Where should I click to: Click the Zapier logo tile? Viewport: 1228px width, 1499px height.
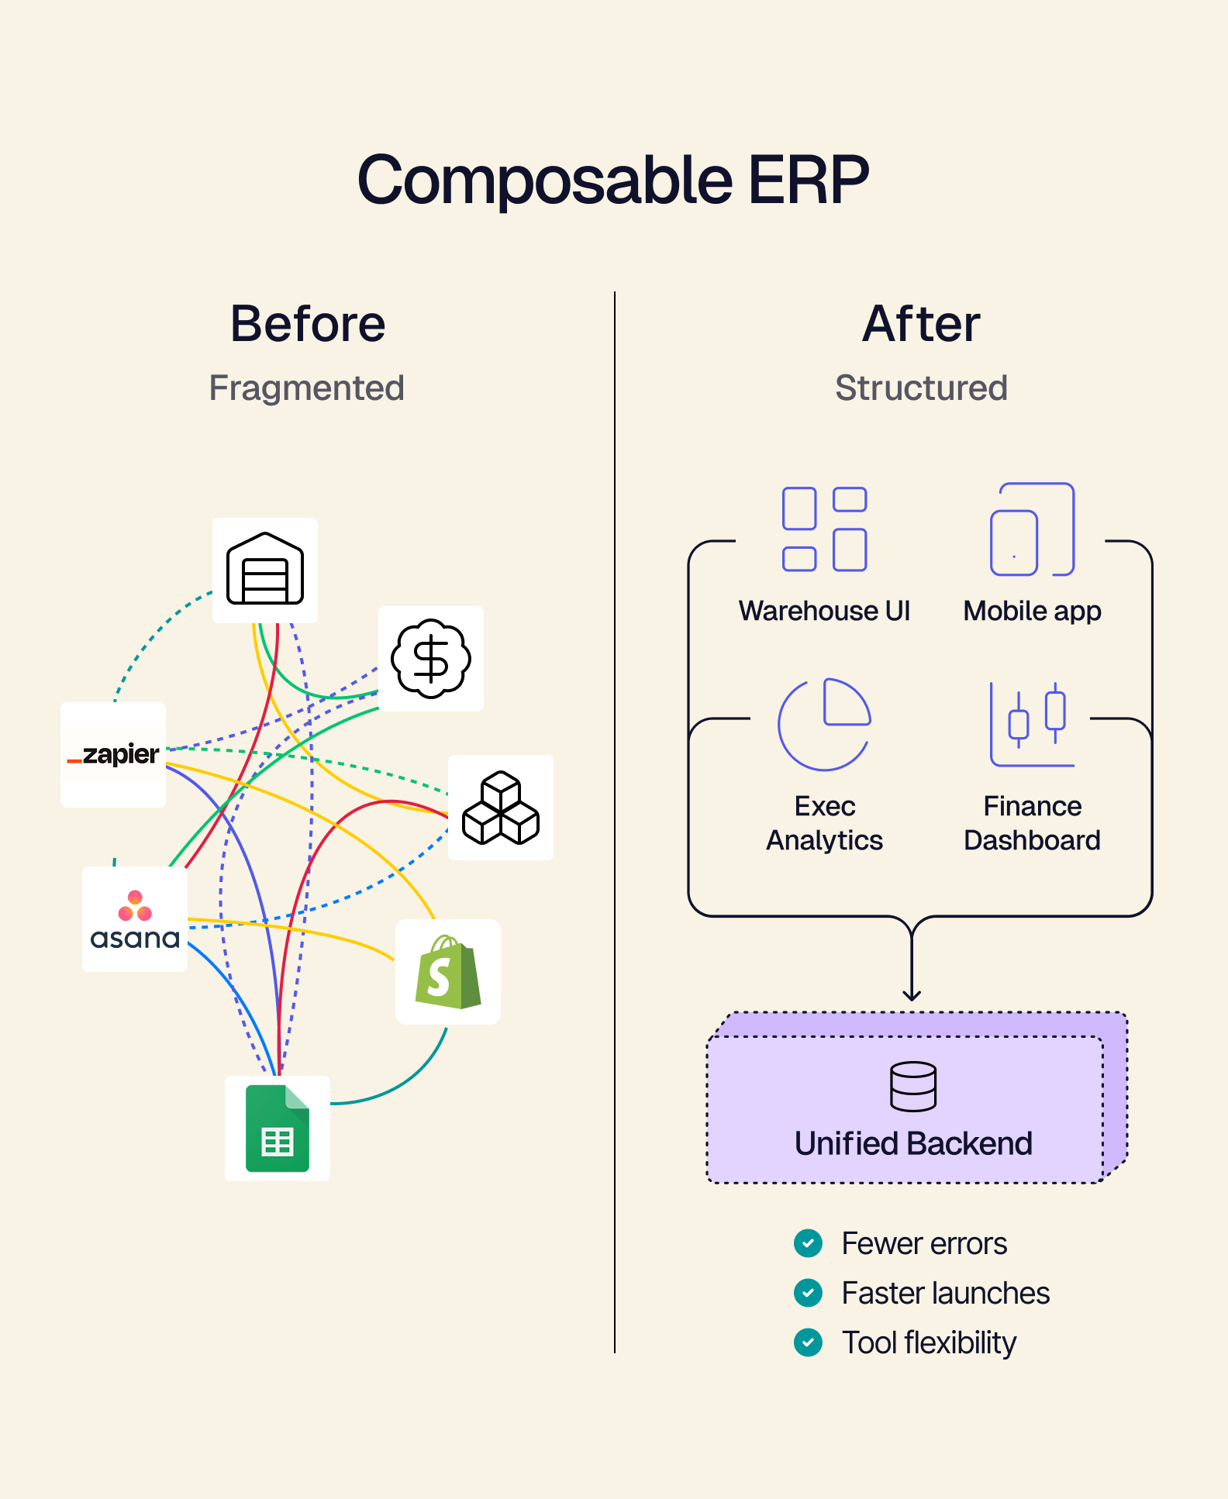113,754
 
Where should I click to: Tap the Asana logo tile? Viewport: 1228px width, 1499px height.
135,919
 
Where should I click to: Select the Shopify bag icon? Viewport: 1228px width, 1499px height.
448,972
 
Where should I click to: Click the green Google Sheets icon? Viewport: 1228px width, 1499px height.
278,1129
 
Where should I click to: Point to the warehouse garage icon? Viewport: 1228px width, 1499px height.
265,570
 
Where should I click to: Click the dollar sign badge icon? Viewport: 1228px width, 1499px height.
431,659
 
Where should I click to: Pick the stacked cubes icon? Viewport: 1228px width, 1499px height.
501,808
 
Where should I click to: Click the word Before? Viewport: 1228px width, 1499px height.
308,323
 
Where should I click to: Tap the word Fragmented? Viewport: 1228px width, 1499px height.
307,388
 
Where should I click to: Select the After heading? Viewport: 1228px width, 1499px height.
921,323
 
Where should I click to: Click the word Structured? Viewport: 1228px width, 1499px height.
921,388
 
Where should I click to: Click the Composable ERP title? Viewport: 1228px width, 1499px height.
613,180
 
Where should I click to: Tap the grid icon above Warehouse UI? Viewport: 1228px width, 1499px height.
824,529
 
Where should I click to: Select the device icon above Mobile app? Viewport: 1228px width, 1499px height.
1032,529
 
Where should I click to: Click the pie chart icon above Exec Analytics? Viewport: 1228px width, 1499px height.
824,724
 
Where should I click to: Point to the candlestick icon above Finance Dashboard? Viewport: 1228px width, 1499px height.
1032,724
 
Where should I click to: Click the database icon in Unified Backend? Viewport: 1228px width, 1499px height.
913,1086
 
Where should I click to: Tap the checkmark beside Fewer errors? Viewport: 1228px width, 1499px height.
808,1243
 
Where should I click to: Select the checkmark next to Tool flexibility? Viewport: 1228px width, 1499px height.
808,1342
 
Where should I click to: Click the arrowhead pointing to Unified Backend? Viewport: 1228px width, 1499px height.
912,995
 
